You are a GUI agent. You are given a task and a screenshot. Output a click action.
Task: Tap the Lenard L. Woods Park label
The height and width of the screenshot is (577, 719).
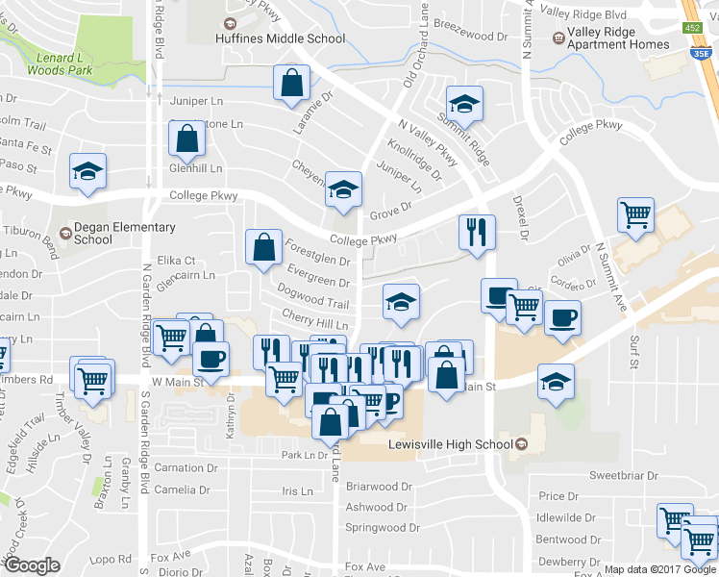pos(61,63)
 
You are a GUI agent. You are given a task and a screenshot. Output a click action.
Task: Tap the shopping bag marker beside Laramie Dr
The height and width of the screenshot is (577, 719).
pos(290,84)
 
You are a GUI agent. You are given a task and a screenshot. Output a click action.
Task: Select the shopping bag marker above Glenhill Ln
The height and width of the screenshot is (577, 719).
pos(186,139)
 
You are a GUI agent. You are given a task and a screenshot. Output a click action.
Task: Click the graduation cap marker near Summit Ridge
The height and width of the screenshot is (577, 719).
pos(464,105)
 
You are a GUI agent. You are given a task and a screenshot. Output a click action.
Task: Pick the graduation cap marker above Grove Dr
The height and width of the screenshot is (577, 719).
pos(341,189)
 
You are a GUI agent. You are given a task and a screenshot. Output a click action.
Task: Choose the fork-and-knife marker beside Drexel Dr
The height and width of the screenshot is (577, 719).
pos(477,232)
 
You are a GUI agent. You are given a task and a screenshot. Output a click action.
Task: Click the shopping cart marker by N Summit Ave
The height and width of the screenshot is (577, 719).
pos(635,216)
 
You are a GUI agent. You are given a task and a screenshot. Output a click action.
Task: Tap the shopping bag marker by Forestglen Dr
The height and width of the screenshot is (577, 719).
pos(262,248)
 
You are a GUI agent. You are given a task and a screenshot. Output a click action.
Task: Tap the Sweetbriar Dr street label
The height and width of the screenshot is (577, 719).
pos(624,476)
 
